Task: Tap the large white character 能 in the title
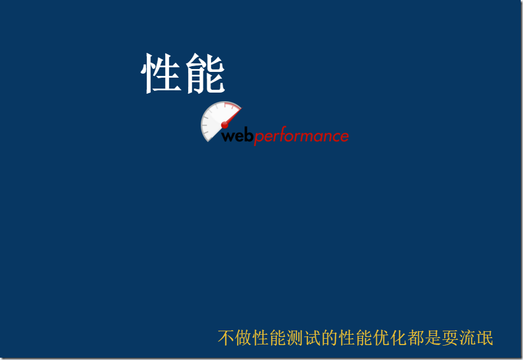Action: pos(204,74)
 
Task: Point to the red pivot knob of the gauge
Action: pos(224,125)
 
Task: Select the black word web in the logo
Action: pos(237,136)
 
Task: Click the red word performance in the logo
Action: pos(301,137)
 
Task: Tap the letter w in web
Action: pos(228,137)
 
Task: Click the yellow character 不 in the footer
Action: pos(226,338)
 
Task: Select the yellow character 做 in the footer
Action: pos(243,338)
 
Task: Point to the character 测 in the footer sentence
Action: pos(295,338)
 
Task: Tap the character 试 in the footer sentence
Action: pos(312,338)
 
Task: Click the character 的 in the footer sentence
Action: pos(330,338)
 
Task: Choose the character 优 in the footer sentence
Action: pos(381,338)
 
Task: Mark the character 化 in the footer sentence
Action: pos(399,338)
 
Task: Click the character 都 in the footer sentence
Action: pos(416,338)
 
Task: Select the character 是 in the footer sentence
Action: pos(433,338)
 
